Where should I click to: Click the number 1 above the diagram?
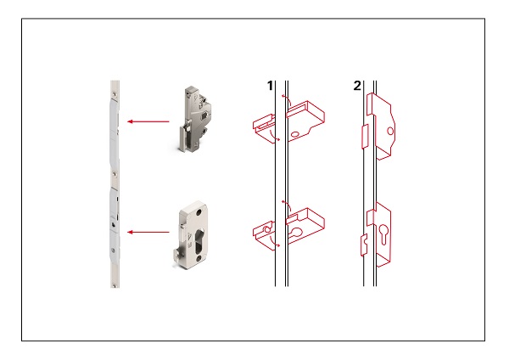click(x=270, y=86)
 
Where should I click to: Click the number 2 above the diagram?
click(x=357, y=86)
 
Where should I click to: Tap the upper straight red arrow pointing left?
click(x=148, y=121)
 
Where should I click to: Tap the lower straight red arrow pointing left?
click(x=148, y=232)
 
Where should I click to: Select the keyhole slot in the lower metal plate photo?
click(x=199, y=239)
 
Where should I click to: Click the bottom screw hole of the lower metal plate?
click(x=199, y=258)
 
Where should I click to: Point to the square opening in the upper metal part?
click(x=204, y=115)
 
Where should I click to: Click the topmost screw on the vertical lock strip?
click(x=115, y=94)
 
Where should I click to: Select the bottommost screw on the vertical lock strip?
click(x=114, y=285)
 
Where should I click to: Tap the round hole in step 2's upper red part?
click(x=390, y=132)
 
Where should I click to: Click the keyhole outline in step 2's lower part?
click(x=383, y=234)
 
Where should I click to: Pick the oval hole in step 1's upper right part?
click(x=295, y=134)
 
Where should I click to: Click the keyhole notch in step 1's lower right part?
click(x=295, y=232)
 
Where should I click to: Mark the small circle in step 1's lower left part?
click(x=267, y=230)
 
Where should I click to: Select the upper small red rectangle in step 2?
click(x=365, y=136)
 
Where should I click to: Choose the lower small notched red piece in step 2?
click(x=364, y=245)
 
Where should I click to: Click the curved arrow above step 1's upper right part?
click(x=286, y=101)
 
